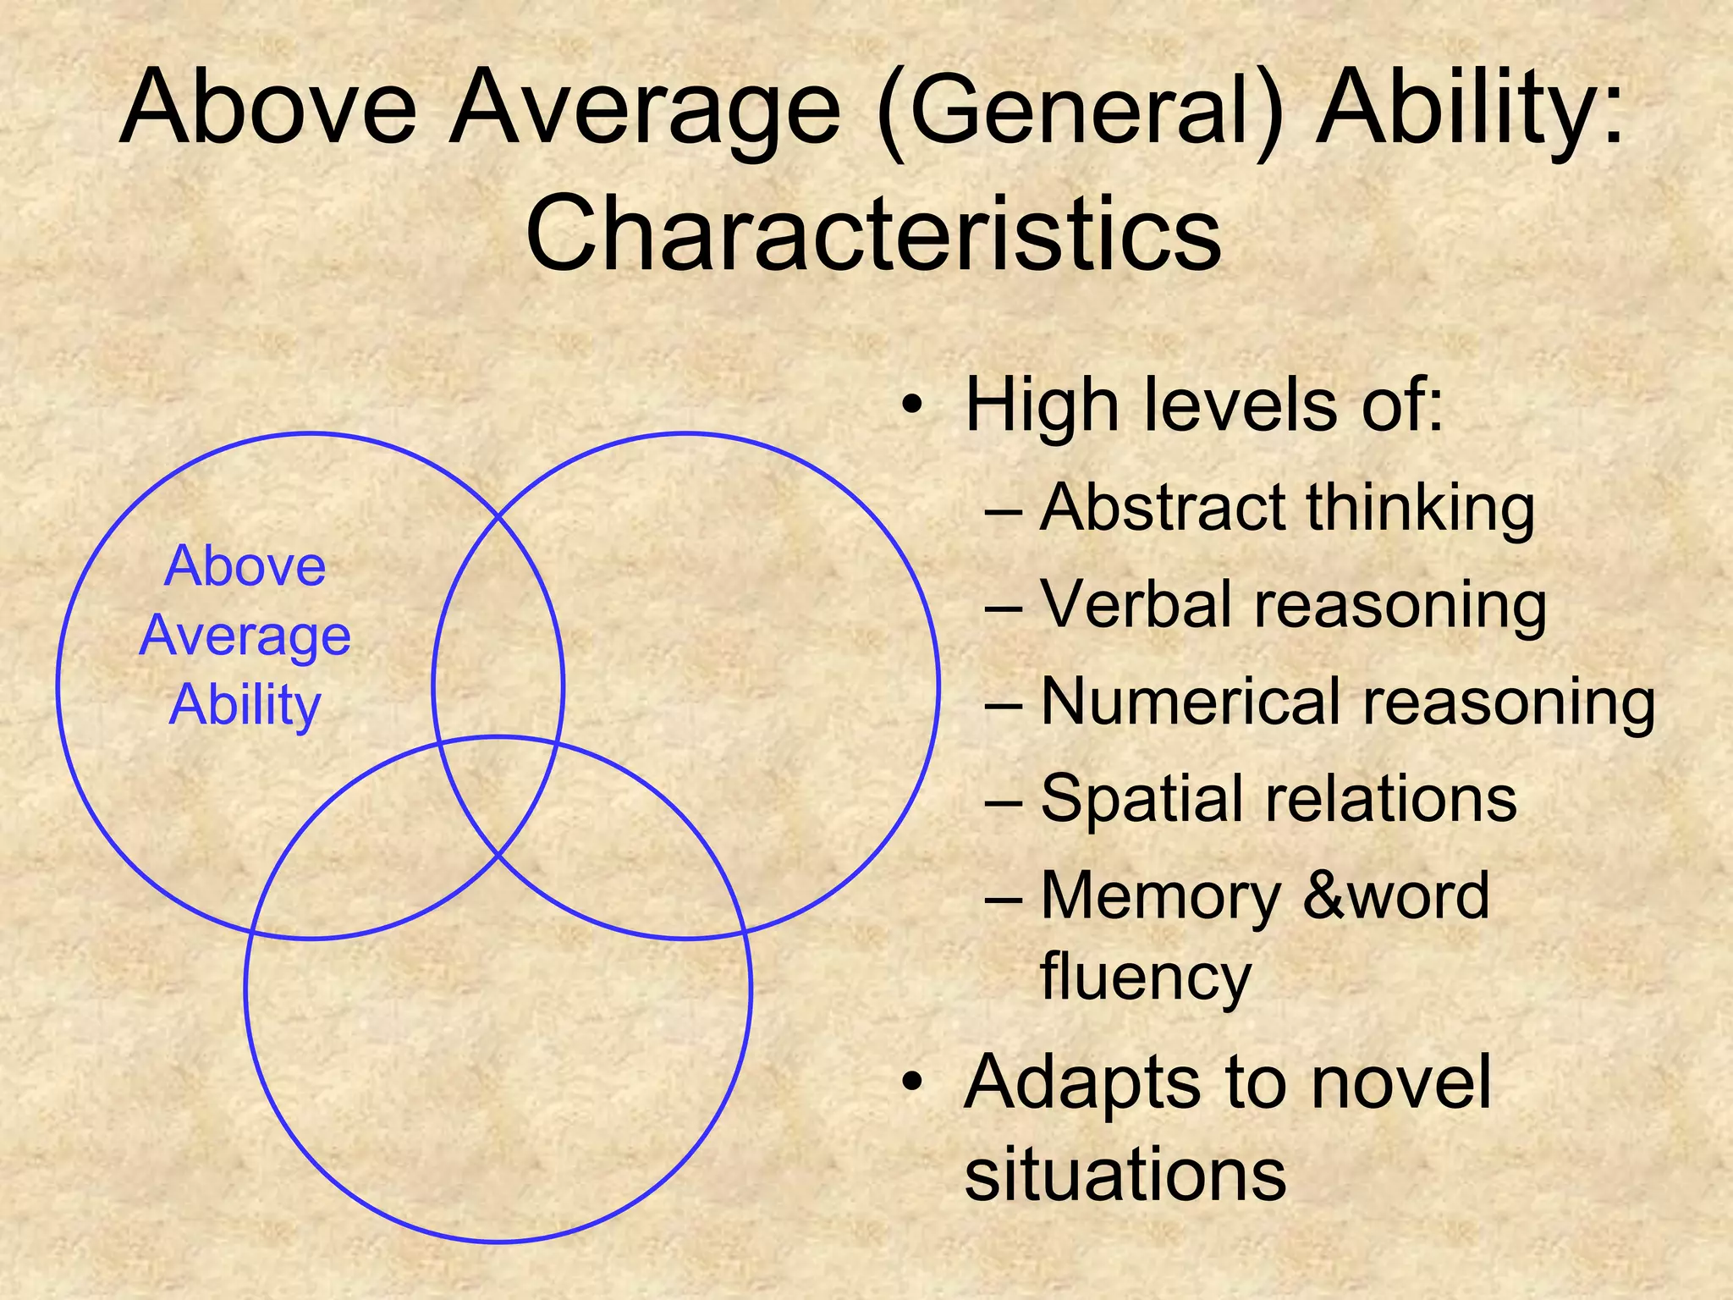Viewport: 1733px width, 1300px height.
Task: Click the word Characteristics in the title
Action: (872, 231)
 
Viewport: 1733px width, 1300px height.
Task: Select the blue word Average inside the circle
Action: (245, 636)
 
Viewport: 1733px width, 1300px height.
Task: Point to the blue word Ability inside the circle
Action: (245, 705)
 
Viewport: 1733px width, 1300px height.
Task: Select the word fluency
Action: (1145, 976)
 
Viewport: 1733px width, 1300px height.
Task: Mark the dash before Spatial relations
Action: (1004, 800)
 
